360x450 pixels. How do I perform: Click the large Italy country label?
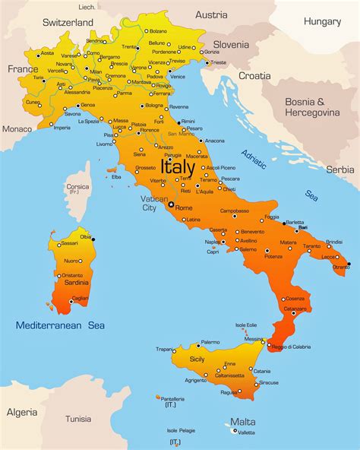click(178, 165)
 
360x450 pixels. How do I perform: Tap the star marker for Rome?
click(171, 204)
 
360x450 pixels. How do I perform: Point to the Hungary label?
click(322, 21)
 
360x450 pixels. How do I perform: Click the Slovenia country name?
click(230, 44)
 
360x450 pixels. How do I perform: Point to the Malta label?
click(243, 422)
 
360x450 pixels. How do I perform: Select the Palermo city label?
click(210, 342)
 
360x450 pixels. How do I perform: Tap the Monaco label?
click(17, 128)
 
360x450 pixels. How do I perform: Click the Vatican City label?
click(149, 203)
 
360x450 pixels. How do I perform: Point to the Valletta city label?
click(246, 433)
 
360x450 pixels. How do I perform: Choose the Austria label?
click(211, 14)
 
